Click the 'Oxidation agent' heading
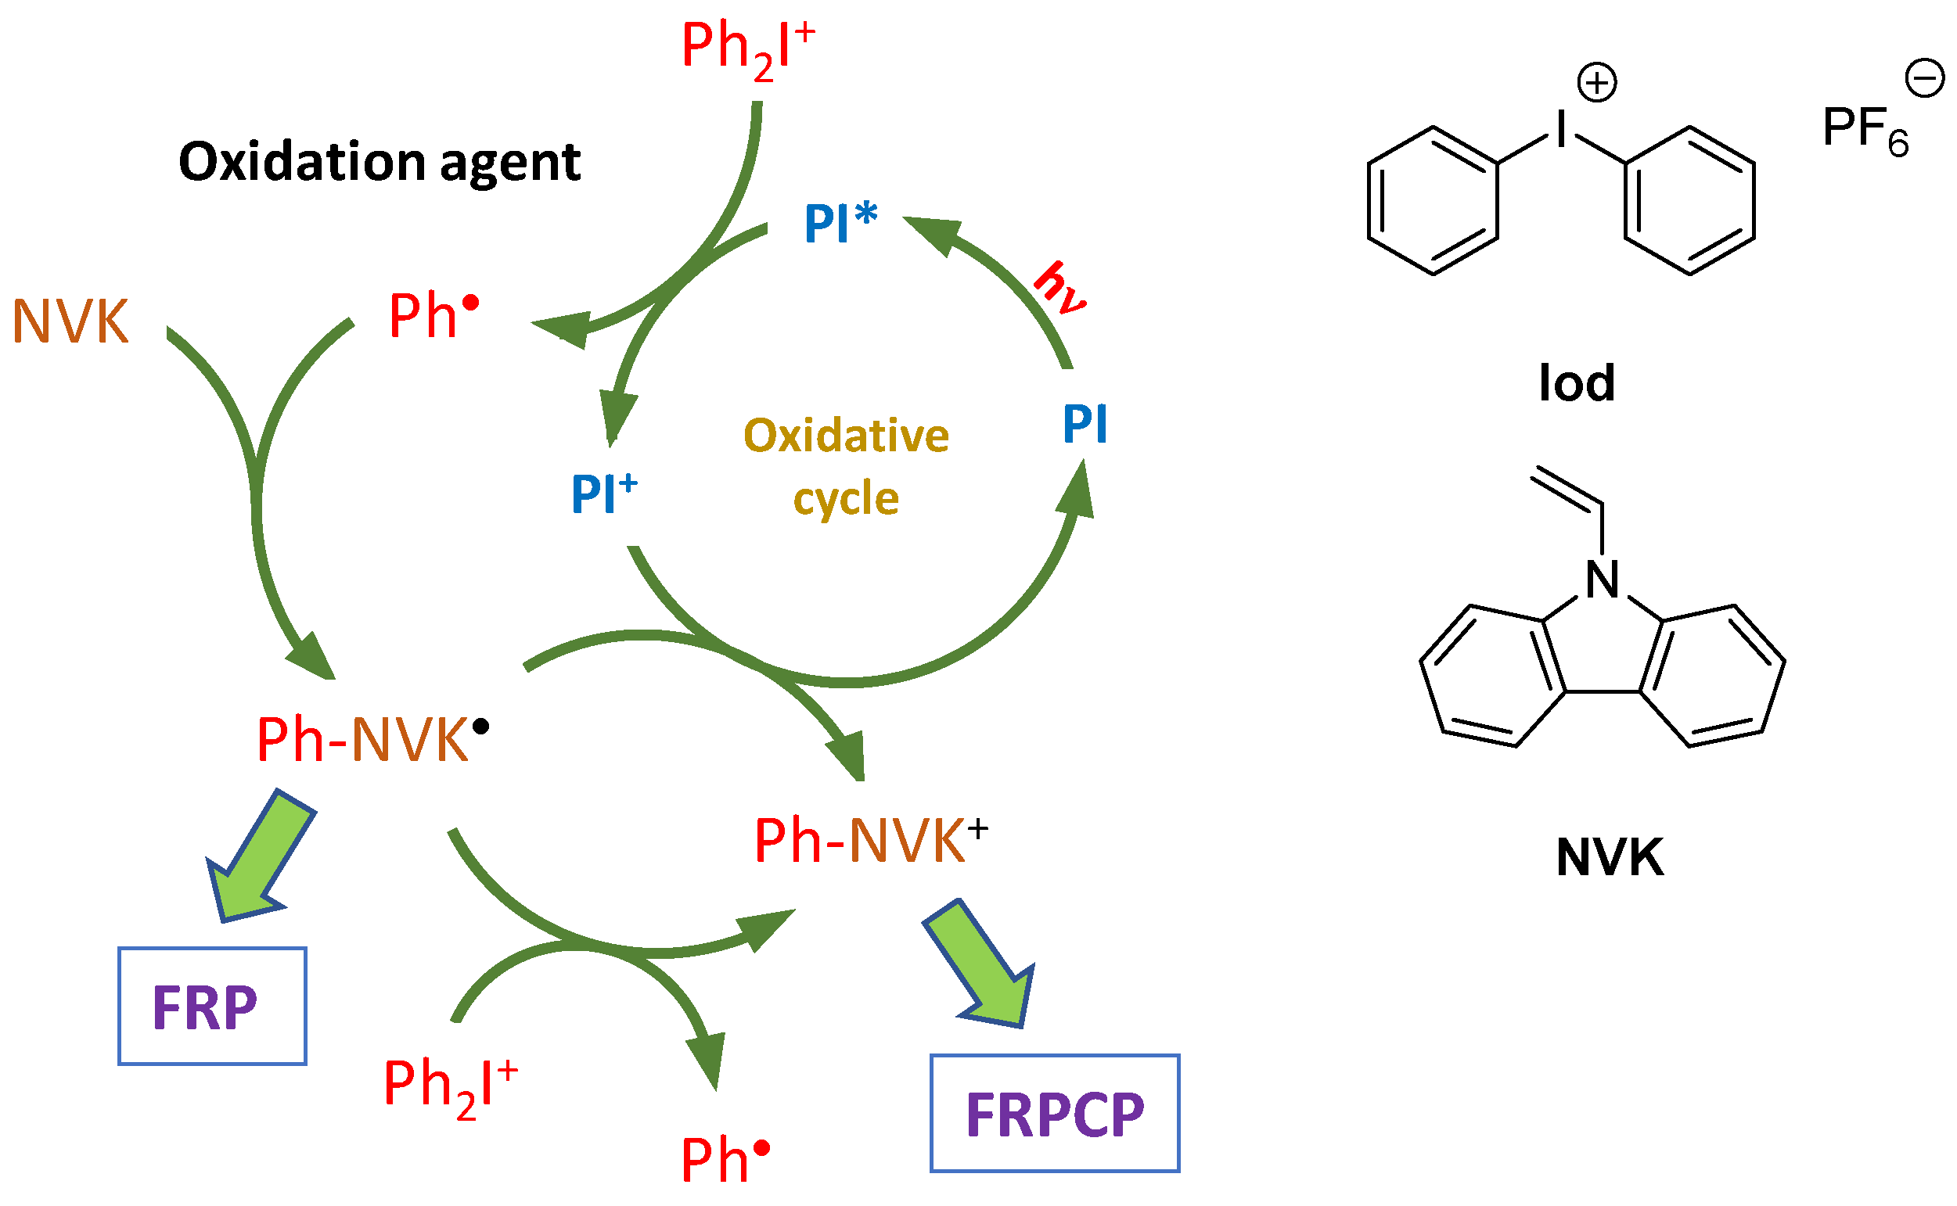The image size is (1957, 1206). pyautogui.click(x=380, y=162)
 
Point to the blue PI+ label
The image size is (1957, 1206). pyautogui.click(x=603, y=493)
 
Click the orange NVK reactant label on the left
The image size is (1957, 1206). pyautogui.click(x=71, y=322)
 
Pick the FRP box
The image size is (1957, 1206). pyautogui.click(x=212, y=1007)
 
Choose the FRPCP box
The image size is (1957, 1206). pyautogui.click(x=1054, y=1114)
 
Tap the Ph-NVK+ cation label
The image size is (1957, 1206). pyautogui.click(x=869, y=841)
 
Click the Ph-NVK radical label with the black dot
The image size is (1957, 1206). pyautogui.click(x=372, y=739)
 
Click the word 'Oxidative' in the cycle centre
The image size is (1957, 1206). pyautogui.click(x=846, y=436)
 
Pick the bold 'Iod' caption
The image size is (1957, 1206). pyautogui.click(x=1577, y=384)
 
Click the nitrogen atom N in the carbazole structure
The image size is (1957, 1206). pyautogui.click(x=1602, y=580)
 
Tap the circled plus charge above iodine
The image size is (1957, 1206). pyautogui.click(x=1596, y=83)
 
